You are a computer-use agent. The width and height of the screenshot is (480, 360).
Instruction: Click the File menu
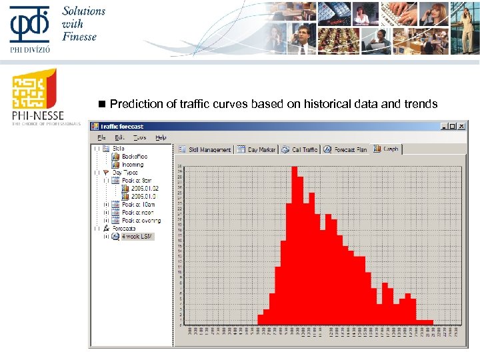(x=102, y=137)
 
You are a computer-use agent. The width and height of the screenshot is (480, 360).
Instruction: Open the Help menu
(x=161, y=137)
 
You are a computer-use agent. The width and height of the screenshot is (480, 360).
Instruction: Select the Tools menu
(x=139, y=137)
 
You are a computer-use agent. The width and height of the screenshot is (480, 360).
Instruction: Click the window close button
(x=462, y=126)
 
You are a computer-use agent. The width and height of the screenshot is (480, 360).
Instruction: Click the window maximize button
(x=453, y=126)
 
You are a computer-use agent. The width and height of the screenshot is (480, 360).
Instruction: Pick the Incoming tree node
(x=132, y=165)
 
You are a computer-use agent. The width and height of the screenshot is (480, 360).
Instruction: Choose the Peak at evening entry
(x=141, y=221)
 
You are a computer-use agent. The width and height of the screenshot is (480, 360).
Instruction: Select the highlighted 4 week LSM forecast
(x=137, y=237)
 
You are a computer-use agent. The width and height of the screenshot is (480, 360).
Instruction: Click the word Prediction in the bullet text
(x=131, y=104)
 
